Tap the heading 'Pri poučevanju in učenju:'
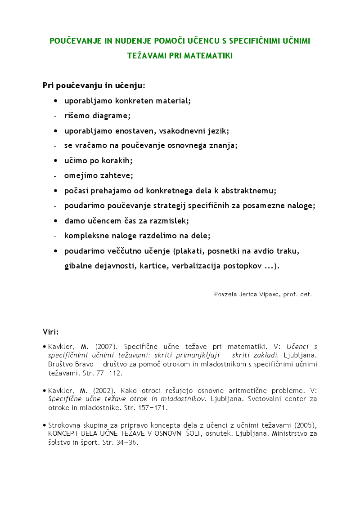pyautogui.click(x=94, y=85)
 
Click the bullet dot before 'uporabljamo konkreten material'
pyautogui.click(x=55, y=101)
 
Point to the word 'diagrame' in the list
pyautogui.click(x=111, y=116)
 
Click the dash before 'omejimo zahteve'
pyautogui.click(x=55, y=176)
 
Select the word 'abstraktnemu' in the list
pyautogui.click(x=247, y=191)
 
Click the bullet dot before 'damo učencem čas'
pyautogui.click(x=55, y=221)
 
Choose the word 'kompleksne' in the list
pyautogui.click(x=85, y=236)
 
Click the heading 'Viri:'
pyautogui.click(x=51, y=332)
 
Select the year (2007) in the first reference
pyautogui.click(x=106, y=347)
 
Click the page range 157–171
pyautogui.click(x=152, y=408)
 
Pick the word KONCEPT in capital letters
pyautogui.click(x=64, y=433)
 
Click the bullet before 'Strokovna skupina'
pyautogui.click(x=45, y=425)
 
